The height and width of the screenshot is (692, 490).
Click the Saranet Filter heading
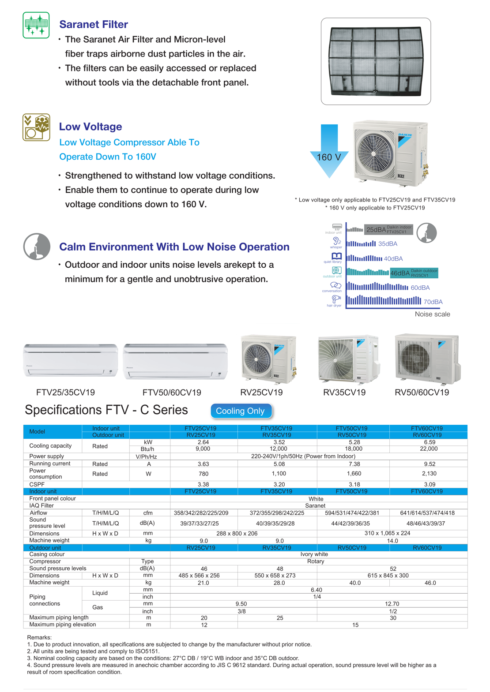pyautogui.click(x=94, y=25)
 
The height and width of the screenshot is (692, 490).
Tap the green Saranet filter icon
pyautogui.click(x=36, y=25)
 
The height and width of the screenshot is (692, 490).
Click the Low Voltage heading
pyautogui.click(x=90, y=127)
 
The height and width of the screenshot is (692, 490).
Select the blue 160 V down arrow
pyautogui.click(x=329, y=152)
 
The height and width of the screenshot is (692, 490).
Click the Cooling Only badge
pyautogui.click(x=241, y=411)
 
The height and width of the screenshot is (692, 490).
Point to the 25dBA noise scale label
pyautogui.click(x=376, y=229)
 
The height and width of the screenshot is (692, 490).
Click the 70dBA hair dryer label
pyautogui.click(x=433, y=302)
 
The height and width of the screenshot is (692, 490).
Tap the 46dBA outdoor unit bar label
pyautogui.click(x=400, y=273)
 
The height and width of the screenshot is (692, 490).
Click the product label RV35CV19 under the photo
pyautogui.click(x=344, y=393)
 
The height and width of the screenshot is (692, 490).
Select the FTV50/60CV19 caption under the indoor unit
pyautogui.click(x=172, y=393)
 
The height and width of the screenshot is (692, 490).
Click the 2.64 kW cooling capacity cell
pyautogui.click(x=204, y=442)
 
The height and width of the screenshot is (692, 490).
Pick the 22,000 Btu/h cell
pyautogui.click(x=429, y=449)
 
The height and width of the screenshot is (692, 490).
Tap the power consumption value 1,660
pyautogui.click(x=354, y=474)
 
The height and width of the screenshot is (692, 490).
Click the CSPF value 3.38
pyautogui.click(x=204, y=484)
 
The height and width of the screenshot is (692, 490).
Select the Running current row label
pyautogui.click(x=47, y=464)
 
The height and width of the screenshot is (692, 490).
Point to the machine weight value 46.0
pyautogui.click(x=430, y=583)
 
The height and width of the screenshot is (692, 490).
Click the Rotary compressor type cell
pyautogui.click(x=316, y=561)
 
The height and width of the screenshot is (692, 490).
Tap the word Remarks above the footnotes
pyautogui.click(x=39, y=637)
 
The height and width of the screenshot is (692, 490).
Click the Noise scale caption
pyautogui.click(x=432, y=314)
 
